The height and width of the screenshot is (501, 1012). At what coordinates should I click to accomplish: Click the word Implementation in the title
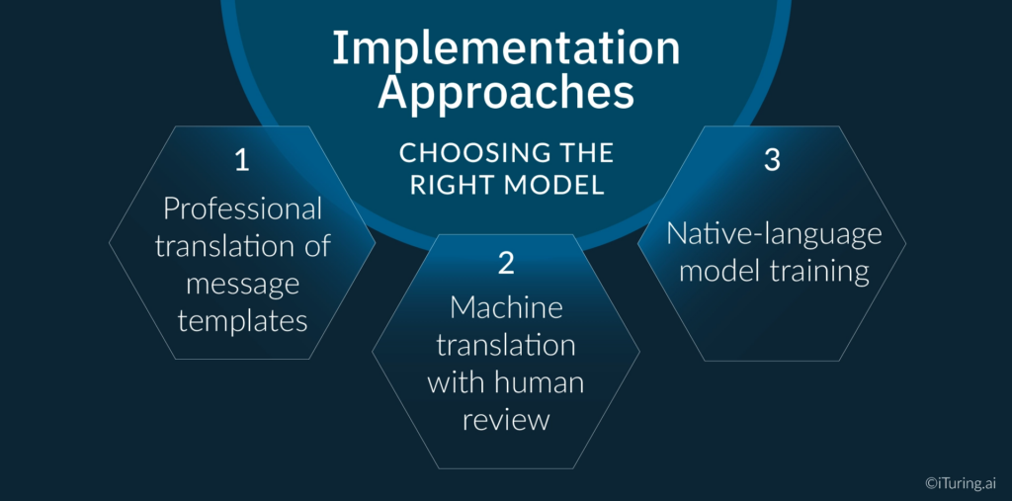pyautogui.click(x=505, y=49)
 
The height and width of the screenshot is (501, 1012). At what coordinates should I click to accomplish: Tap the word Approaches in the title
pyautogui.click(x=505, y=93)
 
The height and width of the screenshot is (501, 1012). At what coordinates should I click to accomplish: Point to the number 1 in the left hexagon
pyautogui.click(x=241, y=161)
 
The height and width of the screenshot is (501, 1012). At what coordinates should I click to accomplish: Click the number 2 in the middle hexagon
pyautogui.click(x=505, y=263)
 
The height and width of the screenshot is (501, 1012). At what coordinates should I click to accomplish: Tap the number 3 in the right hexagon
pyautogui.click(x=772, y=161)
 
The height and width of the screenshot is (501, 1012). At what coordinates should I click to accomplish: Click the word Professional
pyautogui.click(x=242, y=209)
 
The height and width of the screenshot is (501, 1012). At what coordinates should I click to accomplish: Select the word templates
pyautogui.click(x=242, y=320)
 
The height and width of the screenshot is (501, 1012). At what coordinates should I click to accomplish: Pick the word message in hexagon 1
pyautogui.click(x=242, y=284)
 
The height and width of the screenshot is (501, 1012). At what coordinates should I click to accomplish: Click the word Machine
pyautogui.click(x=506, y=307)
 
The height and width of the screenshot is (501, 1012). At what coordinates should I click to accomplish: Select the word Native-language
pyautogui.click(x=773, y=234)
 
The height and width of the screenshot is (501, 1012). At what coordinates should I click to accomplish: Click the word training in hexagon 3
pyautogui.click(x=820, y=272)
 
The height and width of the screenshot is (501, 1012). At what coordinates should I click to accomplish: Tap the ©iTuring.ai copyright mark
pyautogui.click(x=961, y=482)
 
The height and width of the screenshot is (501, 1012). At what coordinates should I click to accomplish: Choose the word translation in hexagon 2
pyautogui.click(x=506, y=345)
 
